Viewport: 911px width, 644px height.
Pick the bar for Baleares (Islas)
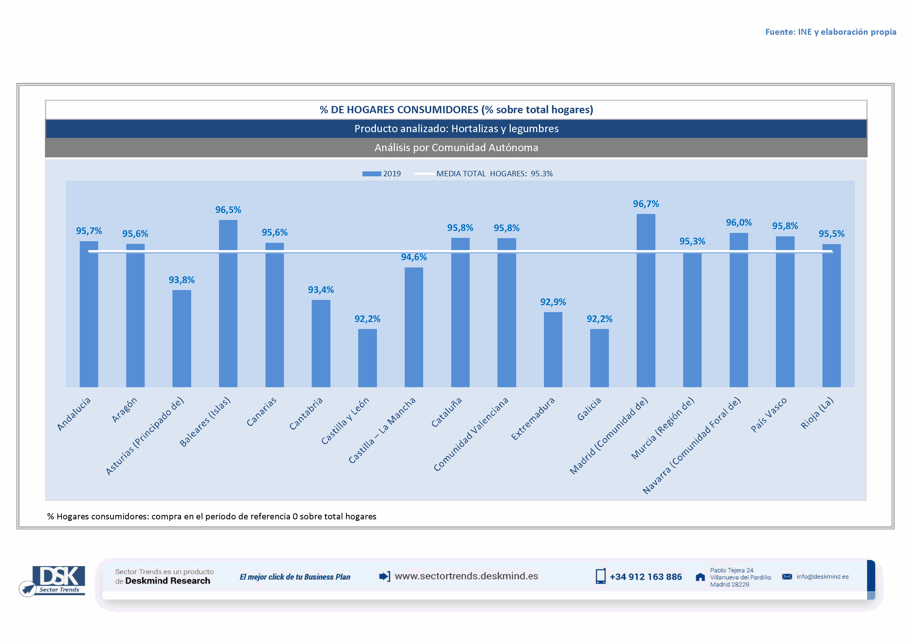click(228, 303)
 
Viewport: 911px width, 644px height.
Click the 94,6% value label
click(414, 257)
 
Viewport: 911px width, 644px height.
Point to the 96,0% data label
click(739, 223)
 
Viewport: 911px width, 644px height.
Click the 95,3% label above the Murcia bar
click(692, 241)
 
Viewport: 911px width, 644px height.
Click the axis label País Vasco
click(769, 415)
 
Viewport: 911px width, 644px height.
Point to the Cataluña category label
click(447, 412)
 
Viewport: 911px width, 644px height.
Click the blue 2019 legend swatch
click(371, 174)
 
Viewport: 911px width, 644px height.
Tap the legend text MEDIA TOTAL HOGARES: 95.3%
click(494, 174)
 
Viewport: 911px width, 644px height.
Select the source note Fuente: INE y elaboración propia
click(830, 32)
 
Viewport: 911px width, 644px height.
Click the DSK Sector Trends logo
click(56, 580)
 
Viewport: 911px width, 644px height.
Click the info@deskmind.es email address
click(822, 576)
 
